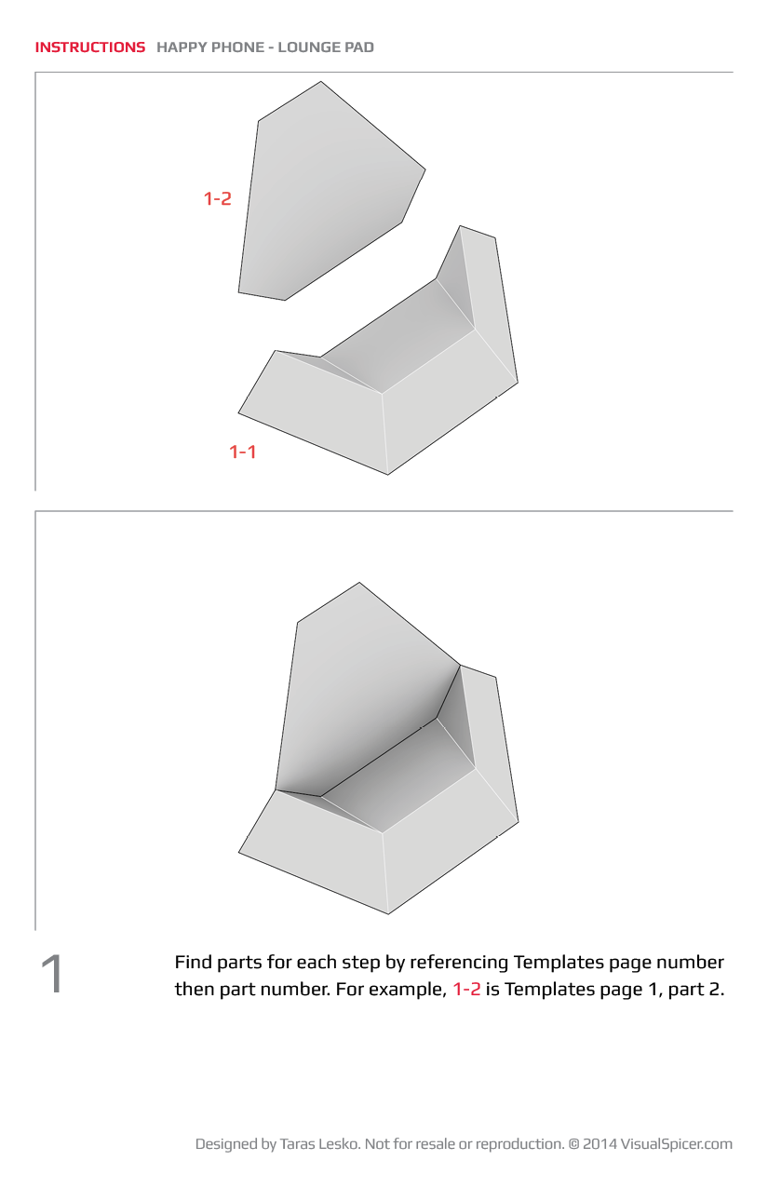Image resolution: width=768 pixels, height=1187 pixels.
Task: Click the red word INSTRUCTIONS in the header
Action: tap(90, 47)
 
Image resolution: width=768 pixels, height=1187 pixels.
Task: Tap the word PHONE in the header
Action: tap(237, 47)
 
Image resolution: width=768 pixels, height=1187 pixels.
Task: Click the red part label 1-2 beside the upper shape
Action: tap(218, 198)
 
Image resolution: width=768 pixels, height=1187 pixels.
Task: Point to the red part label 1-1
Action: tap(243, 452)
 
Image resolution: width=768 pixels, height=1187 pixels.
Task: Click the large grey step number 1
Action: tap(52, 974)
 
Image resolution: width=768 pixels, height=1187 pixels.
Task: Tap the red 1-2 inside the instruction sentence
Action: tap(467, 989)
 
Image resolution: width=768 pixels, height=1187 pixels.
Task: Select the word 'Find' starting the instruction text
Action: tap(194, 962)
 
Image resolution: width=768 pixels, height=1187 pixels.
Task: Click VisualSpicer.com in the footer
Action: tap(677, 1144)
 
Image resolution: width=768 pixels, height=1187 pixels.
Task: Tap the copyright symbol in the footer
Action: tap(574, 1144)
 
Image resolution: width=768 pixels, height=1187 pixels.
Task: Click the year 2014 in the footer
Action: tap(600, 1144)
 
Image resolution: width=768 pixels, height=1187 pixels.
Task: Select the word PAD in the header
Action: tap(359, 47)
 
